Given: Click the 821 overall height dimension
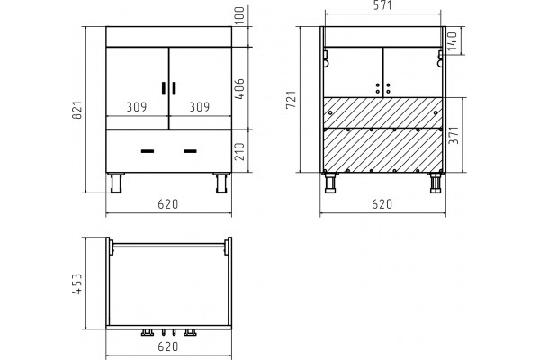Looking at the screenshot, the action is pos(77,110).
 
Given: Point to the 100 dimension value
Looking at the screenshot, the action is pos(239,14).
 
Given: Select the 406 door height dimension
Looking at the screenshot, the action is pos(239,89).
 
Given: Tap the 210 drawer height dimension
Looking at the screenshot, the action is pos(239,151).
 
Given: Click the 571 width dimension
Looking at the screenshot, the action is pos(382,5).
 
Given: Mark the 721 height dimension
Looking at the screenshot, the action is pos(292,100).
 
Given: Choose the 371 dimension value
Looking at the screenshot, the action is pos(454,135).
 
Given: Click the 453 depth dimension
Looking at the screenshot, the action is pos(77,283).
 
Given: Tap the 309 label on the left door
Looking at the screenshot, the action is pos(137,107).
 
